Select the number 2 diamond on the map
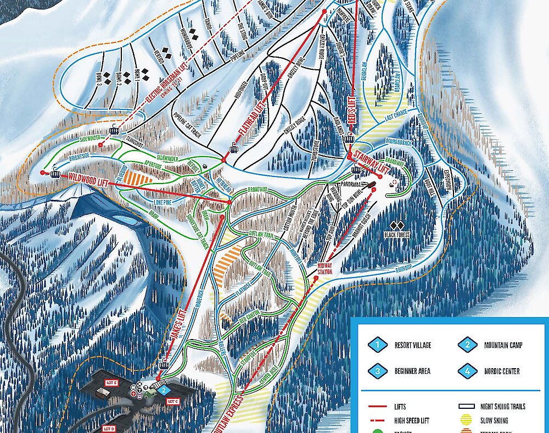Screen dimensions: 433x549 coord(164,391)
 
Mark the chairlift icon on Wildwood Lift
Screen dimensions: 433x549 coord(55,174)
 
